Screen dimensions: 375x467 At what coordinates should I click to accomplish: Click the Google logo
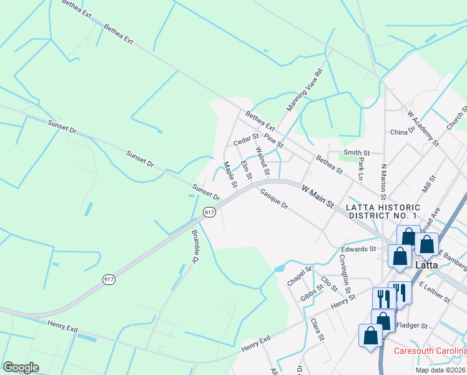(x=21, y=367)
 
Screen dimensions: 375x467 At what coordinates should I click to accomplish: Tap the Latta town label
(x=429, y=265)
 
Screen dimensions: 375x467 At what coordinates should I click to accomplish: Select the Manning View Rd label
(x=305, y=90)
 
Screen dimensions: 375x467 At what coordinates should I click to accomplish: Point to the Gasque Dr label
(x=273, y=199)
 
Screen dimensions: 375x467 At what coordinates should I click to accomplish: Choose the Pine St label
(x=273, y=139)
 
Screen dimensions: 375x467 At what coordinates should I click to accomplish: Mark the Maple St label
(x=230, y=175)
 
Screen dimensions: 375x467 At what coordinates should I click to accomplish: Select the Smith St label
(x=356, y=152)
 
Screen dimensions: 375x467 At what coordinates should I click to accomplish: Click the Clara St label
(x=317, y=329)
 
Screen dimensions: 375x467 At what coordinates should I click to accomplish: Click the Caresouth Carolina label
(x=430, y=351)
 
